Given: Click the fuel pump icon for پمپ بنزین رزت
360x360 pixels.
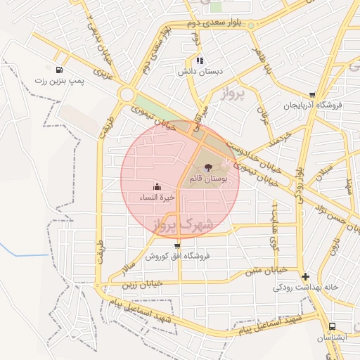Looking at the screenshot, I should [x=58, y=70].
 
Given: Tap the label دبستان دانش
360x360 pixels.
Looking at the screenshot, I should [x=200, y=72].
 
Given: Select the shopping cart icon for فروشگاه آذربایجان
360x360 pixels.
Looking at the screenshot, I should [x=312, y=95].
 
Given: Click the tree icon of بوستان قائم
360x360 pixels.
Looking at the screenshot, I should [x=208, y=167].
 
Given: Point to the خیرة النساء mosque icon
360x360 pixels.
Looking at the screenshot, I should [x=156, y=187].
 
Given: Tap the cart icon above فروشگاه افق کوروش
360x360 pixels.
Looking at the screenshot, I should [x=176, y=246].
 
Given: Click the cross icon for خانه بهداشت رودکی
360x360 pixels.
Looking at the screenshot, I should [x=304, y=277].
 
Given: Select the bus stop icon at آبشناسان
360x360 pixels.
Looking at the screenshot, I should [x=332, y=326].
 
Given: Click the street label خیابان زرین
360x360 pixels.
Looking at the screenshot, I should [x=146, y=283].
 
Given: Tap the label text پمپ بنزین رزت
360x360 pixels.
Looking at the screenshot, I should [x=59, y=82].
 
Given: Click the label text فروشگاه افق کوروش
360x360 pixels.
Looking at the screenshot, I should [x=177, y=257].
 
